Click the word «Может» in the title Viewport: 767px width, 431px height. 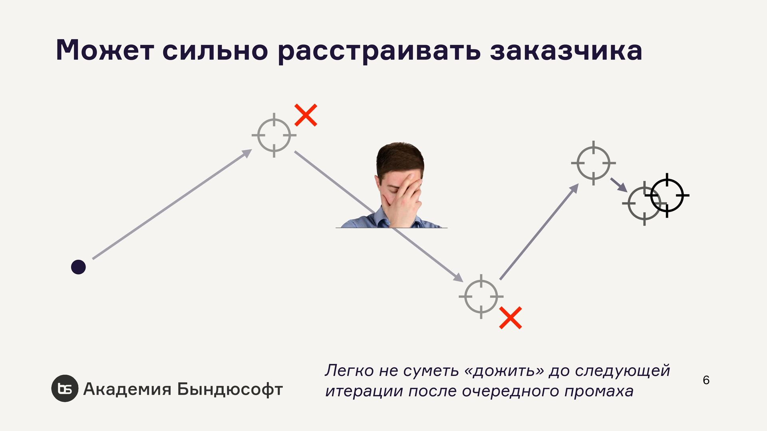click(105, 50)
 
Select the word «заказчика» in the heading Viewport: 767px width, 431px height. click(566, 50)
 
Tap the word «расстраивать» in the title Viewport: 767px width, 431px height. click(379, 51)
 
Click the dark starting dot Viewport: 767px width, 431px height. click(78, 267)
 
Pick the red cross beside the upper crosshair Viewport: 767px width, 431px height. click(306, 115)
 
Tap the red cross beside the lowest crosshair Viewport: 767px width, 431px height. click(511, 318)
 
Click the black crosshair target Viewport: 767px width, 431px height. click(667, 196)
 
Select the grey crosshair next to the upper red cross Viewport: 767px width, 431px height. click(274, 135)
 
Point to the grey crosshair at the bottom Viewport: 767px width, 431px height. click(481, 297)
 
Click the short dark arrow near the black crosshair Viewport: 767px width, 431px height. click(619, 185)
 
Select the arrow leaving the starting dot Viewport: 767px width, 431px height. click(172, 204)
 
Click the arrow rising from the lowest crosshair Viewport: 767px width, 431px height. click(539, 232)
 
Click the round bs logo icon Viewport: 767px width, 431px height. click(65, 388)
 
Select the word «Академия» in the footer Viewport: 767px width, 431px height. click(127, 389)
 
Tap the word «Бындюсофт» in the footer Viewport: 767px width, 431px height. click(230, 389)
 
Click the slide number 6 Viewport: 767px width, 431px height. click(706, 380)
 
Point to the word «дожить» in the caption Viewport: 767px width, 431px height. click(506, 371)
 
